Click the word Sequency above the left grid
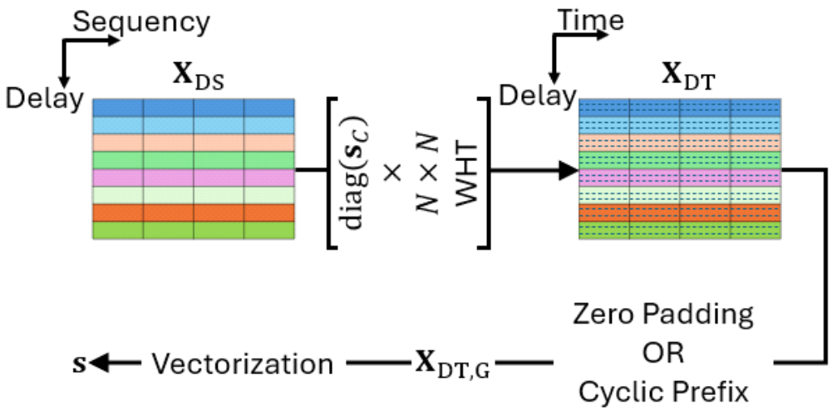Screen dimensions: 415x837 [x=141, y=22]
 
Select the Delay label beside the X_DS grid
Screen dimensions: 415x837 [x=44, y=97]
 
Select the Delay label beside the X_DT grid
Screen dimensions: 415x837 [x=537, y=95]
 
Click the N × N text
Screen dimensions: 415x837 [x=429, y=173]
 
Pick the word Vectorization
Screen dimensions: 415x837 [x=243, y=363]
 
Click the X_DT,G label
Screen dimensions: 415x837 [x=452, y=364]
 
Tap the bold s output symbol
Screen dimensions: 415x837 [x=79, y=363]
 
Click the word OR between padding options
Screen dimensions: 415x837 [x=662, y=354]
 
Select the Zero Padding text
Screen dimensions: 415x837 [x=662, y=316]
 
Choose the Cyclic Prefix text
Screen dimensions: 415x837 [x=662, y=392]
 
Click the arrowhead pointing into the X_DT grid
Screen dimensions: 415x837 [x=569, y=171]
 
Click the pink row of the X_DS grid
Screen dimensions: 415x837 [x=193, y=178]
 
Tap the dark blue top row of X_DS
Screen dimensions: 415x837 [x=193, y=107]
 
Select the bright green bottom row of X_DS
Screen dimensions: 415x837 [x=193, y=230]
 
